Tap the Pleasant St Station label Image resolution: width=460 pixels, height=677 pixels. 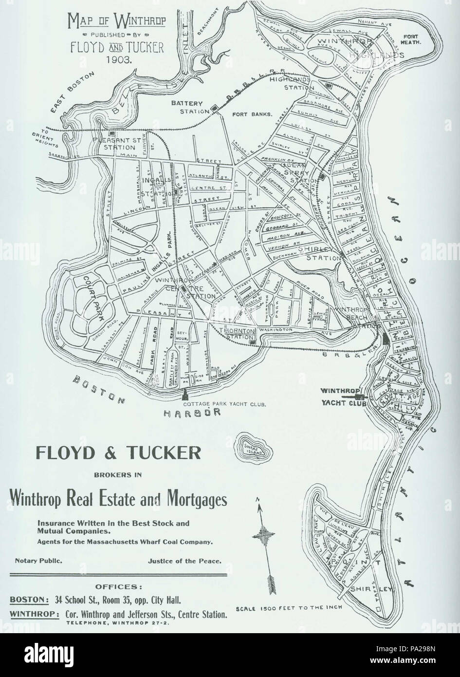(116, 143)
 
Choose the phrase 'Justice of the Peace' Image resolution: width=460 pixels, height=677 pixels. (185, 561)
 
